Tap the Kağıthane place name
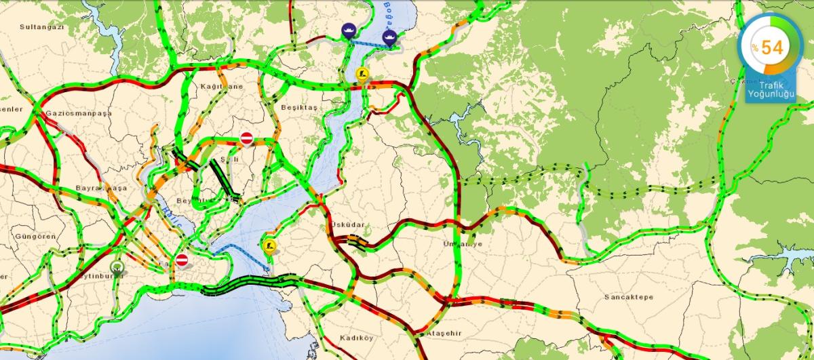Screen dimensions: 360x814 click(x=220, y=86)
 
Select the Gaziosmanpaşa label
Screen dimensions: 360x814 click(x=78, y=114)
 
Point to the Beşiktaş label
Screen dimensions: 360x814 click(x=298, y=108)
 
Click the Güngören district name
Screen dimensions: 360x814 click(x=32, y=236)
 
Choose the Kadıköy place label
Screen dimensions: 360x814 click(x=357, y=337)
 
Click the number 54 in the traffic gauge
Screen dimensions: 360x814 click(x=772, y=47)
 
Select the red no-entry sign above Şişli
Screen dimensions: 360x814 click(x=247, y=138)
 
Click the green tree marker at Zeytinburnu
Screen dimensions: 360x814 click(x=117, y=267)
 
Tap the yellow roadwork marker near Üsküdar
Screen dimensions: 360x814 click(x=269, y=246)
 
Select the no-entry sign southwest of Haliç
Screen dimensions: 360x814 click(x=182, y=260)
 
